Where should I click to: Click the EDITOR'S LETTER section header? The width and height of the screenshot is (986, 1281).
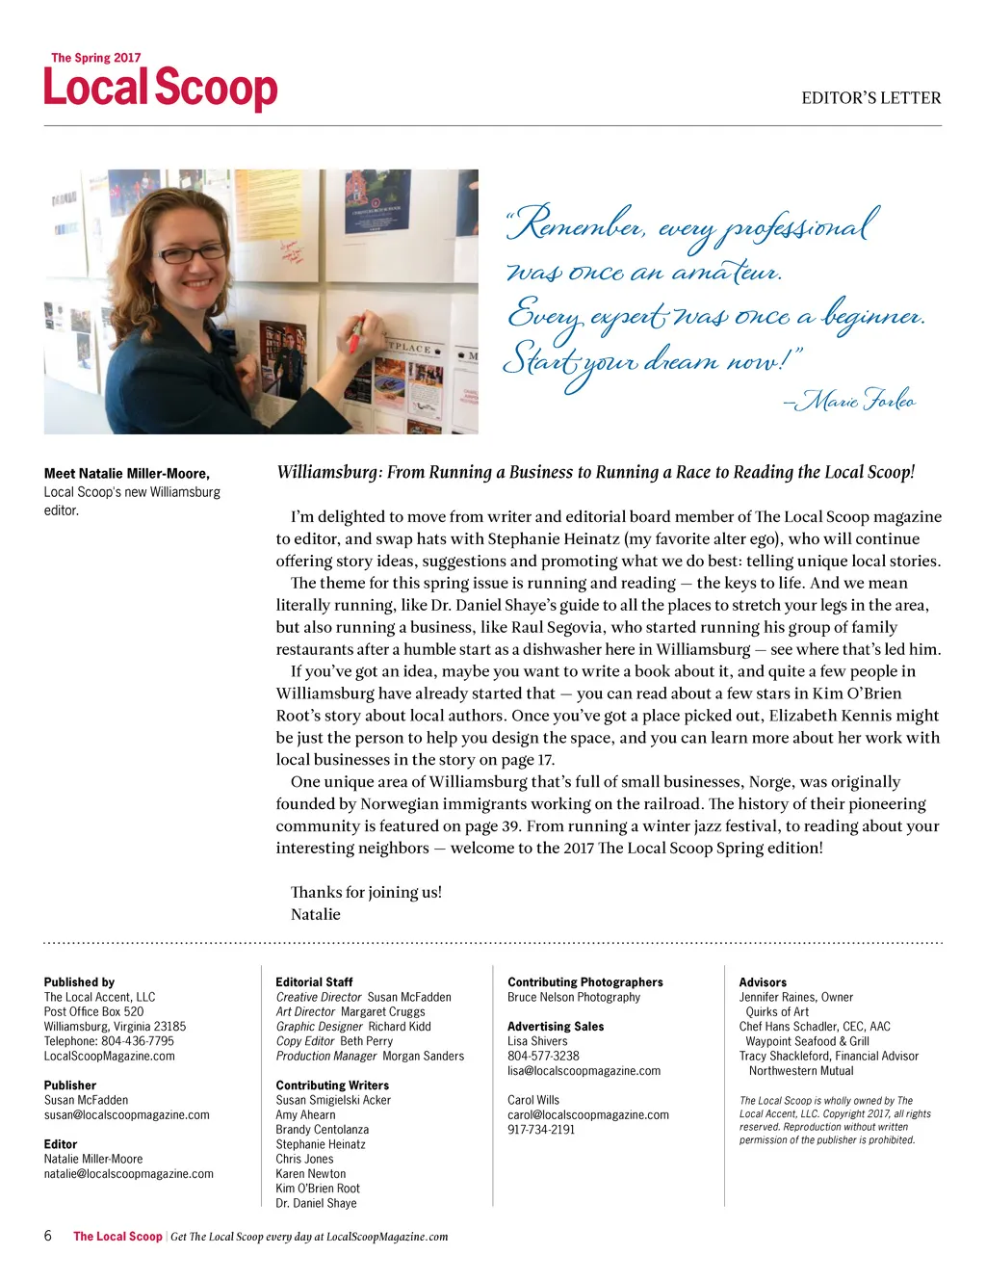click(870, 98)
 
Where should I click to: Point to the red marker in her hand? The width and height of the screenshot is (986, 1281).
click(355, 333)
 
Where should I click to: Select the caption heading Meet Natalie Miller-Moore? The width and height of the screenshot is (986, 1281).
click(127, 473)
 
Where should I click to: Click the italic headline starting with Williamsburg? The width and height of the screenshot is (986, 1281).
click(595, 472)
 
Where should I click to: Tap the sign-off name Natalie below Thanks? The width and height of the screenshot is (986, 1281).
click(316, 914)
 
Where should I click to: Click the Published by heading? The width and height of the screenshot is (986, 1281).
click(79, 981)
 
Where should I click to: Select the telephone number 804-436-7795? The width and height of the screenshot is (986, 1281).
click(137, 1040)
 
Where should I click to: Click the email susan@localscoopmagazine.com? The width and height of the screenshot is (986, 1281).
click(126, 1114)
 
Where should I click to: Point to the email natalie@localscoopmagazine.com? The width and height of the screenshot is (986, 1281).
click(129, 1173)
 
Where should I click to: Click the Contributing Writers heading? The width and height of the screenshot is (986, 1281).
click(332, 1085)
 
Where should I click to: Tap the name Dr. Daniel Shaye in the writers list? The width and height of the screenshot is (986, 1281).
click(316, 1203)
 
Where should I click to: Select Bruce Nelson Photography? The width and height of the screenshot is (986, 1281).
click(574, 997)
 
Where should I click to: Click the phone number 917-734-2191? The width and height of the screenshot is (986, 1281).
click(541, 1129)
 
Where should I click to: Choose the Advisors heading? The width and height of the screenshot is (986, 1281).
click(763, 981)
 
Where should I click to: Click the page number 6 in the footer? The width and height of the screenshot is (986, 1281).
click(48, 1236)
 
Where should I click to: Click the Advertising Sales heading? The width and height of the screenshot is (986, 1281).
click(556, 1026)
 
